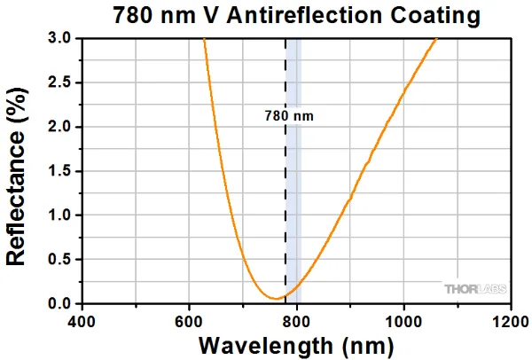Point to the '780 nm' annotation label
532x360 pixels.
click(289, 115)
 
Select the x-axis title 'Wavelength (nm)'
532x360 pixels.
click(296, 343)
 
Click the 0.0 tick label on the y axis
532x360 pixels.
click(59, 304)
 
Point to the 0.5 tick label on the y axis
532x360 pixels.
click(59, 260)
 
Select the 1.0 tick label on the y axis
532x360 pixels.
click(59, 215)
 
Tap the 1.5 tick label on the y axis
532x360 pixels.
click(59, 171)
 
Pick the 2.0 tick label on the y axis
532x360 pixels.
click(59, 127)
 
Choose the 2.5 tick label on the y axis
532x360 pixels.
click(59, 82)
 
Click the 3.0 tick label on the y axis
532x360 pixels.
click(59, 39)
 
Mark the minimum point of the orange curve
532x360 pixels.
click(276, 299)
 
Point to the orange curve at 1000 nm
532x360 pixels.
click(403, 92)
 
